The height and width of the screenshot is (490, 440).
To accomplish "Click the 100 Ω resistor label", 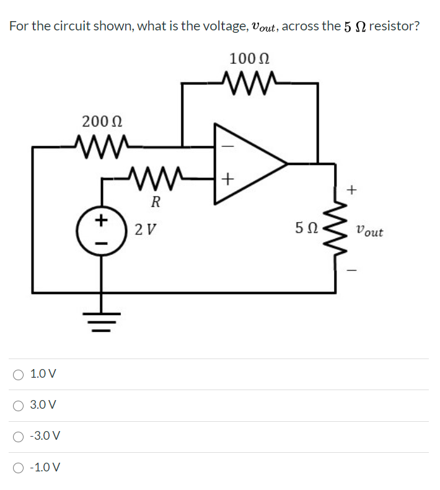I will [249, 60].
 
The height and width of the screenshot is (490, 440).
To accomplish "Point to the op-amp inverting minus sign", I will [227, 147].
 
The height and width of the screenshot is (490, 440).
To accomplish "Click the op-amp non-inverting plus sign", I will [227, 180].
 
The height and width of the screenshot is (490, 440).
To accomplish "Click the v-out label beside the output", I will [370, 232].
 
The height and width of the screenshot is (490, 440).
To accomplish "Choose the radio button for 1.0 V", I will [20, 374].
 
